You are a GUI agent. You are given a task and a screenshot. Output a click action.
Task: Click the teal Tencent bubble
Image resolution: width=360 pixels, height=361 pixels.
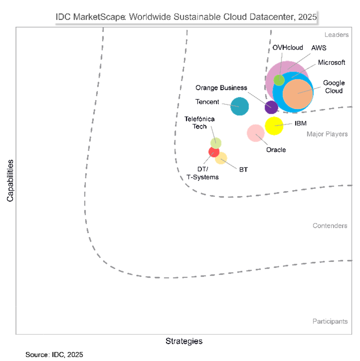click(x=239, y=106)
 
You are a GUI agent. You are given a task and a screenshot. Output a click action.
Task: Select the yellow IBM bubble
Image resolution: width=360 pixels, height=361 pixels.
click(x=274, y=126)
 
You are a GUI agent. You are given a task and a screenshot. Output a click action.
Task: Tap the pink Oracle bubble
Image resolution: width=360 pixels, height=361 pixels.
click(x=255, y=132)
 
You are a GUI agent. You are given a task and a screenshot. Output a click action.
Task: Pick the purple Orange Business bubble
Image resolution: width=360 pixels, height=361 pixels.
click(x=271, y=107)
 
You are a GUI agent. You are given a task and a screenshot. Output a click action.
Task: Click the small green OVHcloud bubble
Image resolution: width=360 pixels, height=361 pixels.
click(x=279, y=79)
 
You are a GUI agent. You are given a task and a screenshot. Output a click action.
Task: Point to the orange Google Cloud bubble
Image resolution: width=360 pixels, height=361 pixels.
click(x=298, y=93)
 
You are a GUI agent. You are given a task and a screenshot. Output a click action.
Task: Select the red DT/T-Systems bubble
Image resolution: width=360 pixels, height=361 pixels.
click(x=213, y=152)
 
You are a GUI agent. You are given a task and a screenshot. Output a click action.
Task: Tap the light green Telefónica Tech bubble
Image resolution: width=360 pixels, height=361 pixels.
click(x=216, y=142)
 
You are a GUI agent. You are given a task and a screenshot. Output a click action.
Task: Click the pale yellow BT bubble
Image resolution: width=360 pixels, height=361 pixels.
click(x=221, y=158)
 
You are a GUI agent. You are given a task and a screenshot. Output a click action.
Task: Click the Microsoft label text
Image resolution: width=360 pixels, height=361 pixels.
click(x=331, y=62)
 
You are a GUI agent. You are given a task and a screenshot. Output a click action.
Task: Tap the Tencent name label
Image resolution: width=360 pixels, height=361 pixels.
click(x=207, y=102)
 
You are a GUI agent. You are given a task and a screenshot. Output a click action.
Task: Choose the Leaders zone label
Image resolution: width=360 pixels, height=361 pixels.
click(x=336, y=34)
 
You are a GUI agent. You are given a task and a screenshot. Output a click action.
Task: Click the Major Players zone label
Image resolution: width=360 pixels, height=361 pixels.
click(x=327, y=134)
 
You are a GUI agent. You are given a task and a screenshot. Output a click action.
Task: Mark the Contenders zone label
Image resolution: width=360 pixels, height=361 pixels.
click(x=329, y=225)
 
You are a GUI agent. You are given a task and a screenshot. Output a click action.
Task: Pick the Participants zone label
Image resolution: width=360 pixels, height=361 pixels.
click(x=330, y=321)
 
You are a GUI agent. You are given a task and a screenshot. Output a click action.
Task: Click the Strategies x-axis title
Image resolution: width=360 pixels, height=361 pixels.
click(x=184, y=341)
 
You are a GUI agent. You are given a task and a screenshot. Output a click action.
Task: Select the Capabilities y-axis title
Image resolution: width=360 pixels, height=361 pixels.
click(x=10, y=180)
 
